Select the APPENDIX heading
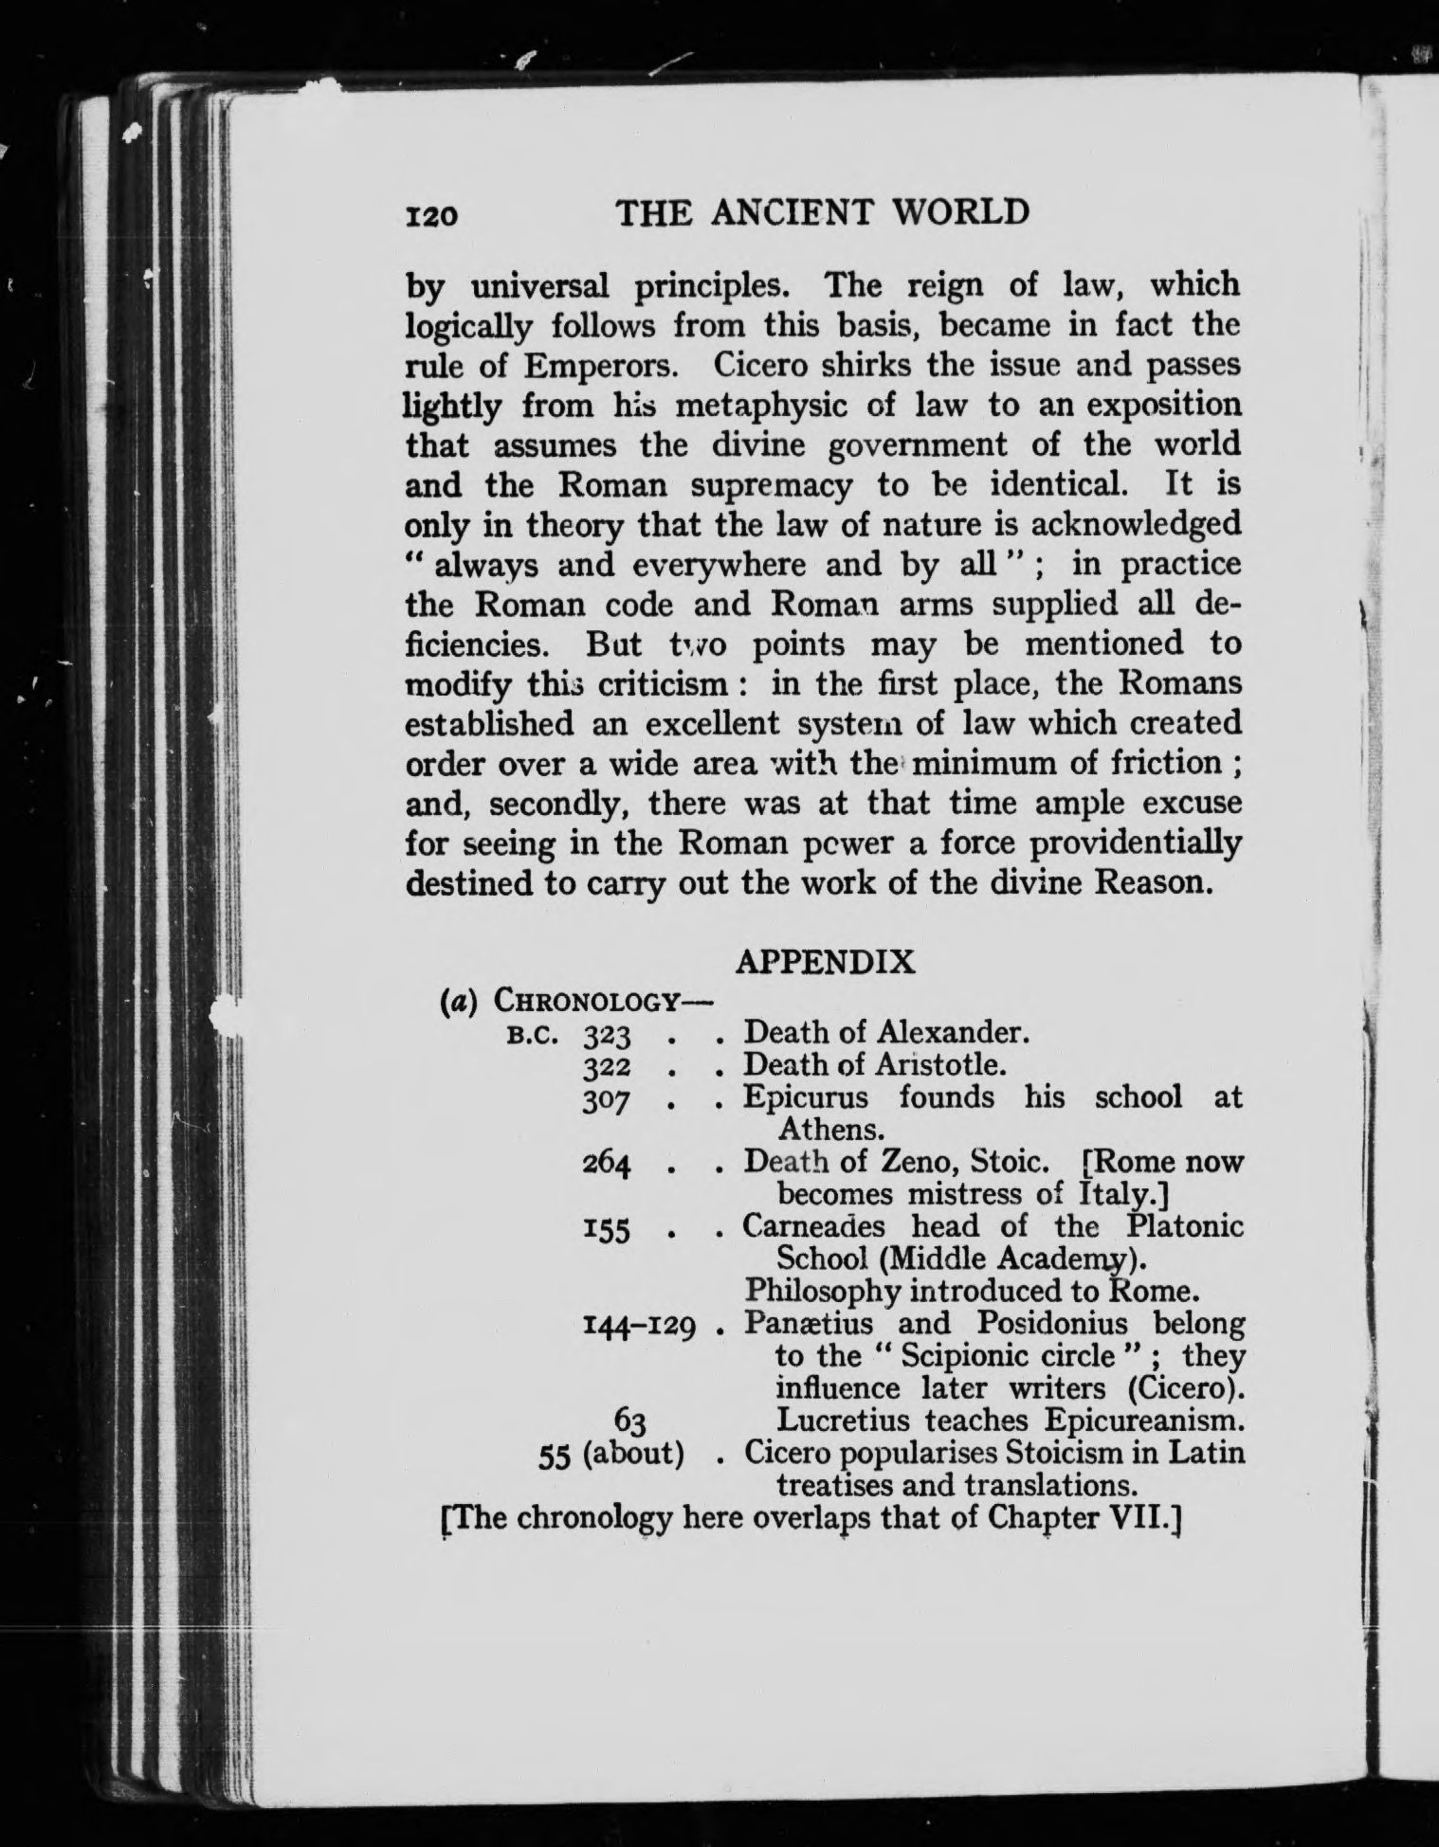pyautogui.click(x=826, y=962)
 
